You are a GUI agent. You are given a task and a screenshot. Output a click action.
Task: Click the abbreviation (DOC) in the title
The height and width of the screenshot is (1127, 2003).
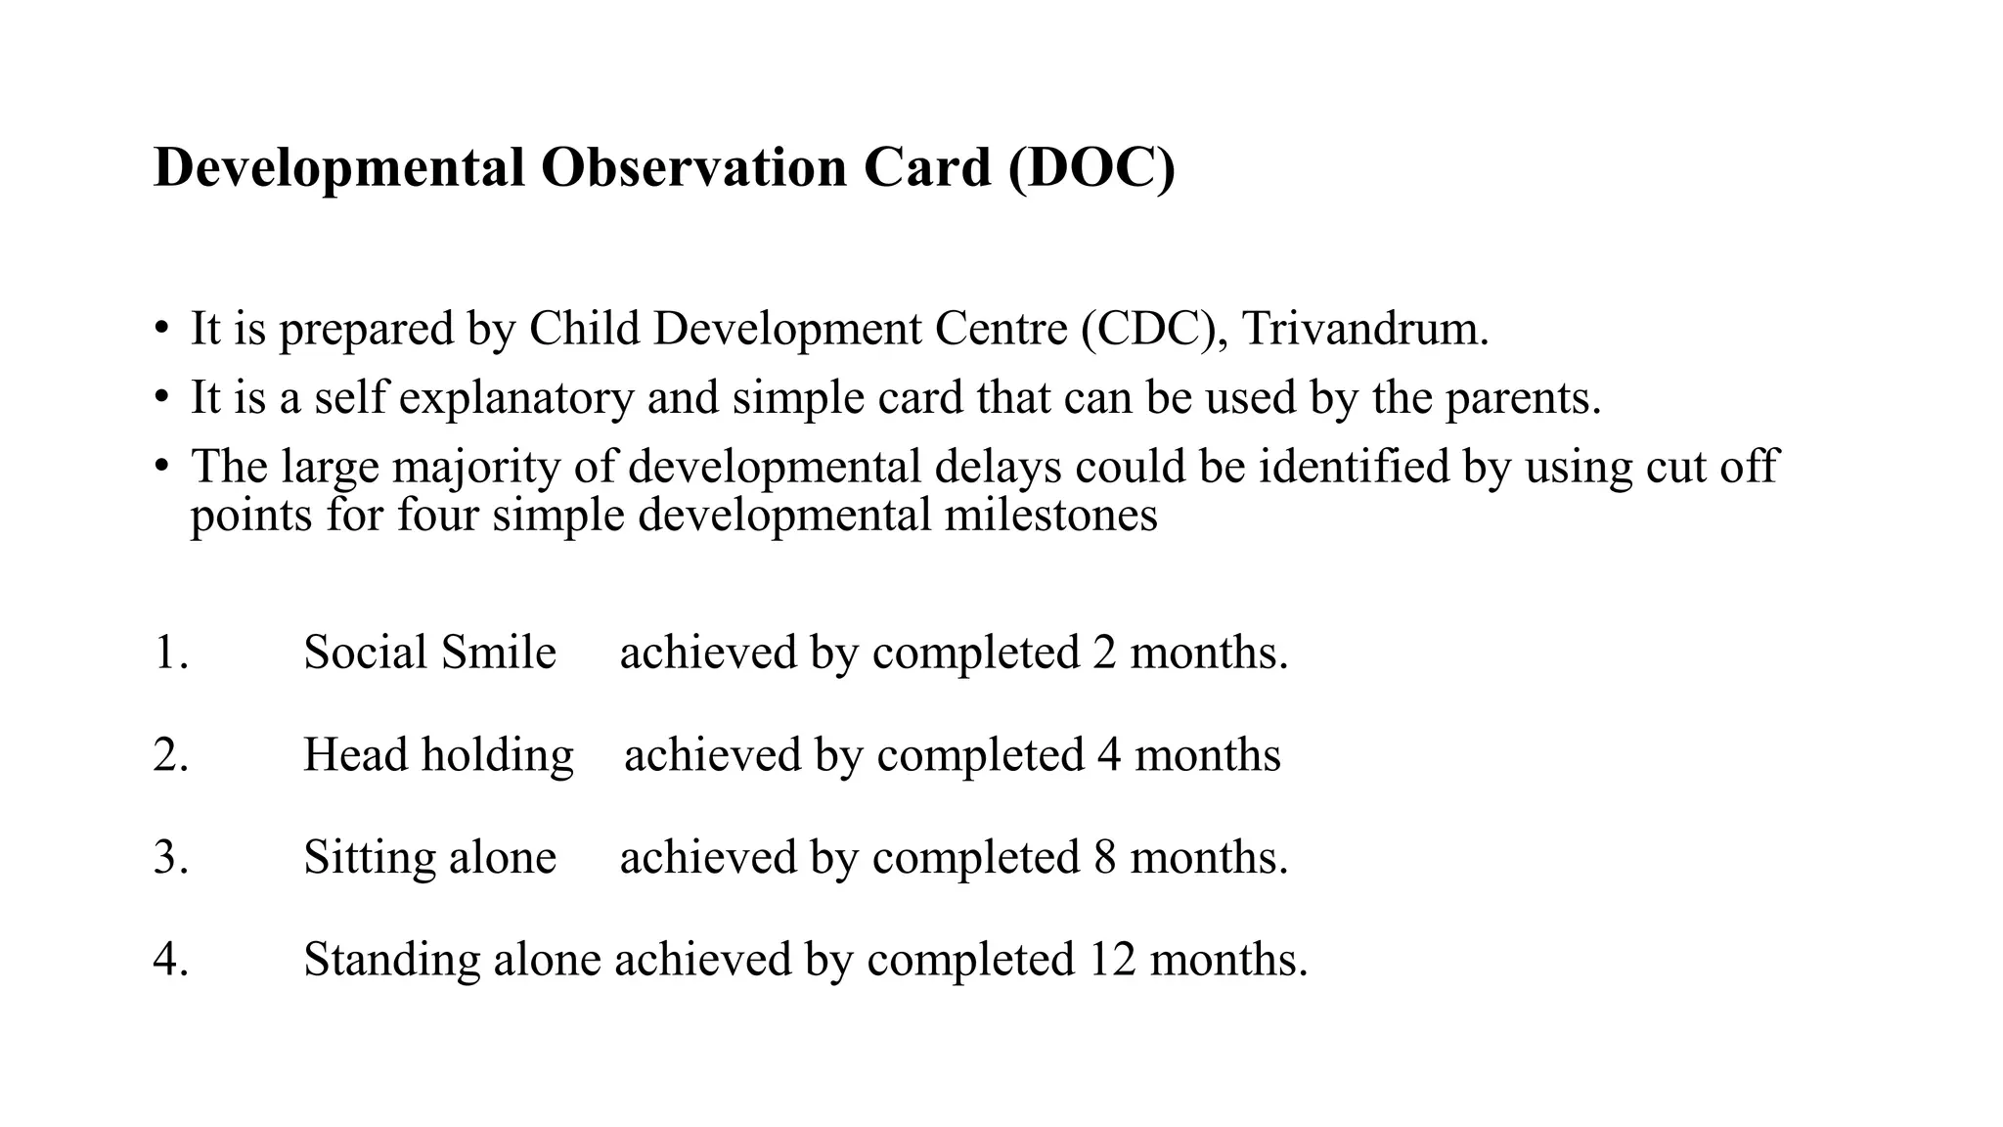point(1091,168)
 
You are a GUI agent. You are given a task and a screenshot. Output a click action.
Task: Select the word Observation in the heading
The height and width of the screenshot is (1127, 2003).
point(693,168)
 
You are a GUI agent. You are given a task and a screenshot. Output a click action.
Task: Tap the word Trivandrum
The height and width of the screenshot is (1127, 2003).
point(1365,329)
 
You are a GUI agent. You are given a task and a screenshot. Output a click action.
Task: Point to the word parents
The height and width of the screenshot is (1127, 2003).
point(1523,398)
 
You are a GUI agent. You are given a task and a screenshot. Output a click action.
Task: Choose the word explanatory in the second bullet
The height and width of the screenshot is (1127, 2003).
point(516,398)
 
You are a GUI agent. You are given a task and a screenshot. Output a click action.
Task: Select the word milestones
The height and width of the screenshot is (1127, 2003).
point(1050,515)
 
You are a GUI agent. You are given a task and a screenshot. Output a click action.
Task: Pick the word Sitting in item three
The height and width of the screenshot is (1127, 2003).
point(370,858)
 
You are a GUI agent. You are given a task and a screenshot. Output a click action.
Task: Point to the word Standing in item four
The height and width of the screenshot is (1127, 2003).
point(391,960)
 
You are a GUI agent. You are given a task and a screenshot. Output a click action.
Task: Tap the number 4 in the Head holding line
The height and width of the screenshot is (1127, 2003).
point(1109,755)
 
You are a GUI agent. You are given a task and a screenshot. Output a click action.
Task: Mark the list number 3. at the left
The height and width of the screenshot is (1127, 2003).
point(171,858)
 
